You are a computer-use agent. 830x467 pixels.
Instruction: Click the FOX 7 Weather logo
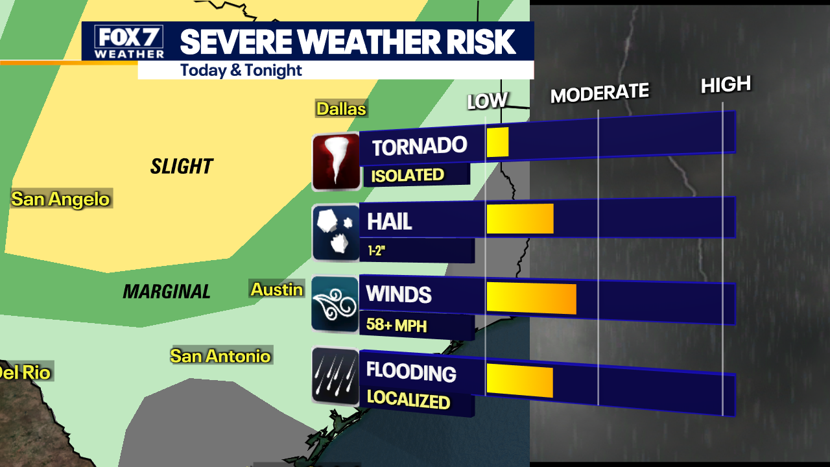click(x=129, y=42)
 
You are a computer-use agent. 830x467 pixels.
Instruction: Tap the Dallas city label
click(x=341, y=108)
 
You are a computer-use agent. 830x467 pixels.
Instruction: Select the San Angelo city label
click(x=61, y=198)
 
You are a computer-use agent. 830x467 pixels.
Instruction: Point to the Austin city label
click(x=277, y=289)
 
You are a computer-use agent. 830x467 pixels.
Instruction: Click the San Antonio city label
click(x=220, y=355)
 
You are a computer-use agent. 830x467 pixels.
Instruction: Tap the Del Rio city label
click(x=24, y=372)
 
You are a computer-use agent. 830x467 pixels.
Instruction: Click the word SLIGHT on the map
click(x=182, y=167)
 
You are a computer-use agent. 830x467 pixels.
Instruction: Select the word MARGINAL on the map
click(x=167, y=292)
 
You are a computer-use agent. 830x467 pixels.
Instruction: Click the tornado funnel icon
click(x=336, y=162)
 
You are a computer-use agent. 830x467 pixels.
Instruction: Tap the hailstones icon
click(x=336, y=233)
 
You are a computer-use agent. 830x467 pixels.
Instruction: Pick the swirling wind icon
click(x=335, y=304)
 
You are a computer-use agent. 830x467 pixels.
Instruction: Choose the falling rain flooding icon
click(x=335, y=376)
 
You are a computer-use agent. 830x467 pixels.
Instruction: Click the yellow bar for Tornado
click(x=497, y=143)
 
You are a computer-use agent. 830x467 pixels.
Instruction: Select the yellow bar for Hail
click(x=519, y=219)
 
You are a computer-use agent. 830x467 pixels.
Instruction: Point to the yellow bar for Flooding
click(x=519, y=381)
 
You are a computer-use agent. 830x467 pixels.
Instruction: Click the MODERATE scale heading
click(x=599, y=93)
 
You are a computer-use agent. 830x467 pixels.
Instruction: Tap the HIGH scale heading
click(x=726, y=84)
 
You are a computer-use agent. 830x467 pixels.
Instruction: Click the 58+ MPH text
click(x=396, y=324)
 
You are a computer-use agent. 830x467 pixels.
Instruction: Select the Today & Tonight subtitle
click(x=241, y=70)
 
